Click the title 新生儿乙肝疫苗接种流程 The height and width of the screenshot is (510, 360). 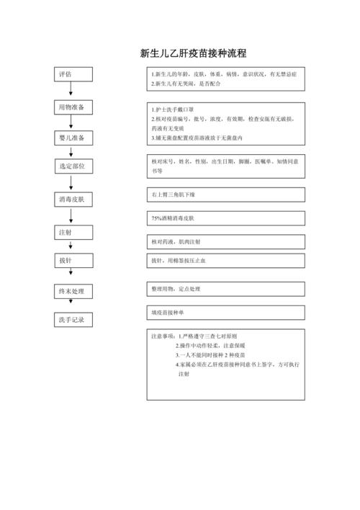click(x=192, y=53)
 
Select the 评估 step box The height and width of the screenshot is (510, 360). click(x=71, y=76)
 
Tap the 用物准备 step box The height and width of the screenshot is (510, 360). click(x=71, y=108)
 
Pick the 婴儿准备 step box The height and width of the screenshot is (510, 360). click(x=71, y=138)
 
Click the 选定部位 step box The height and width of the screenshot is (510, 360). click(x=71, y=166)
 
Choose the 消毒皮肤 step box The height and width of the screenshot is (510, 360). click(x=71, y=199)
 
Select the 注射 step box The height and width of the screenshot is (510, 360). click(x=71, y=232)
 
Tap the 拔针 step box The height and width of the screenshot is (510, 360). click(x=71, y=260)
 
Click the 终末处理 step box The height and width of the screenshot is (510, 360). click(x=71, y=291)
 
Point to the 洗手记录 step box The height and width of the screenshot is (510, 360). click(x=71, y=319)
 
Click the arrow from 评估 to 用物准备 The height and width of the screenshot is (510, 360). click(x=71, y=91)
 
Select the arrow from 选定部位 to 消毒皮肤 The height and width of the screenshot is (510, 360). click(x=71, y=182)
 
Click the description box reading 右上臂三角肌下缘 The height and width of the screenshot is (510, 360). click(x=225, y=195)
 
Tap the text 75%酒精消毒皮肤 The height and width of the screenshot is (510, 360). click(x=177, y=218)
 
